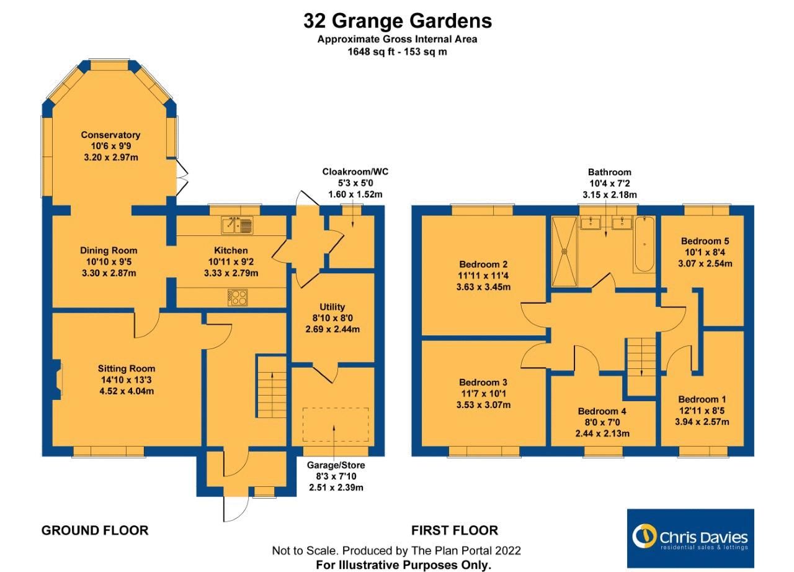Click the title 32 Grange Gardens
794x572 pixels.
click(x=397, y=21)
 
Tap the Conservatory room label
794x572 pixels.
click(x=110, y=135)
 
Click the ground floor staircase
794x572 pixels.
click(x=271, y=386)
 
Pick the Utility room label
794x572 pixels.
click(x=332, y=307)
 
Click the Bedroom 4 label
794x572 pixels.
click(x=602, y=411)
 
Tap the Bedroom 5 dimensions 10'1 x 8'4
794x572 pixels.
click(x=705, y=252)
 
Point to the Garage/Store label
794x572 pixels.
click(x=336, y=465)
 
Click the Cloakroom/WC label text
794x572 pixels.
click(x=355, y=172)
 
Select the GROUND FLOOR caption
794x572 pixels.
click(x=95, y=530)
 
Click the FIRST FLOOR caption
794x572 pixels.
click(x=455, y=530)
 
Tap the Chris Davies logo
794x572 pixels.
click(x=690, y=538)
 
